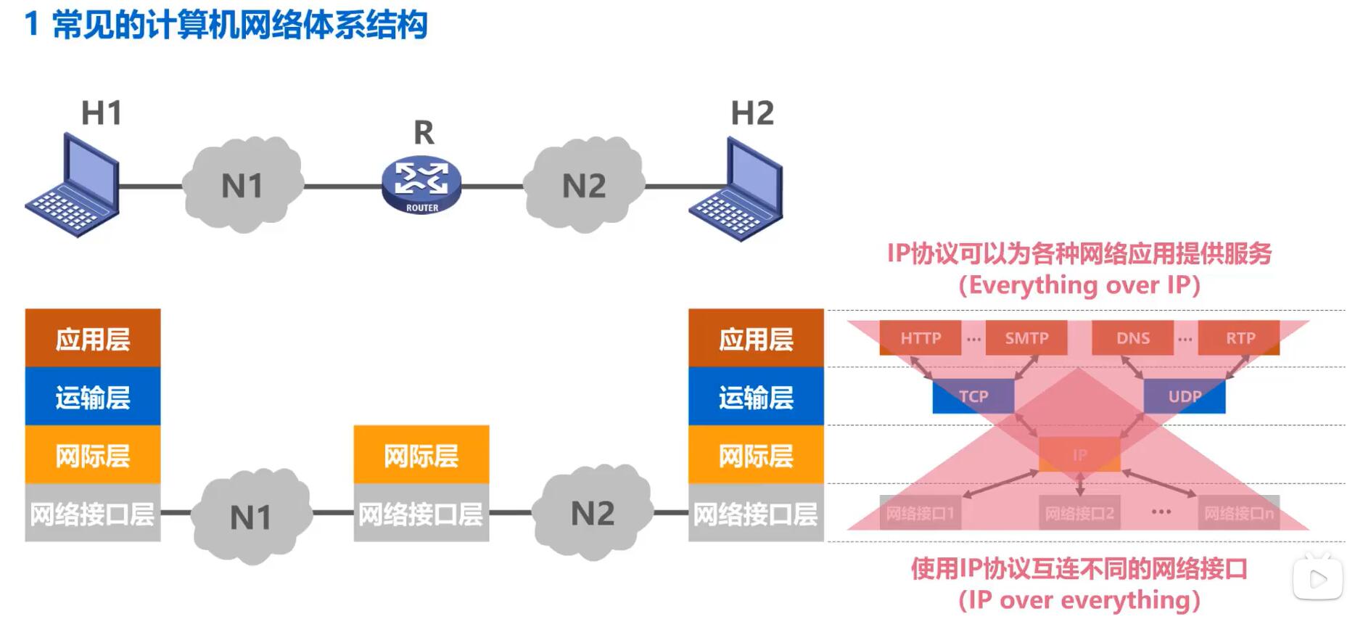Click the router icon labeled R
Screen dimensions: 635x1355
coord(421,185)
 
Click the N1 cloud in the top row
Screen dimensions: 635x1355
coord(242,186)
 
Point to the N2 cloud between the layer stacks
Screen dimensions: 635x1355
coord(592,514)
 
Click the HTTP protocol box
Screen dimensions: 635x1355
coord(920,338)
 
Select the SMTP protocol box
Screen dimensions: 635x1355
coord(1026,338)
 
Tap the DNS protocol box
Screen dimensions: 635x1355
coord(1132,338)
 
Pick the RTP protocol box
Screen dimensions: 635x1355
coord(1239,338)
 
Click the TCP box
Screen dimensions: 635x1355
coord(973,396)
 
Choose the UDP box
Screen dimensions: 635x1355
coord(1184,396)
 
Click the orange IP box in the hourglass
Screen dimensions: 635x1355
coord(1079,455)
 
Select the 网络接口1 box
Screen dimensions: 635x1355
coord(920,514)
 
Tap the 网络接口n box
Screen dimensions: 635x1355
coord(1238,514)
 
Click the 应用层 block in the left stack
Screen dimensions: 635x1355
coord(93,338)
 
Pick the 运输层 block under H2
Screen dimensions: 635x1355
coord(756,397)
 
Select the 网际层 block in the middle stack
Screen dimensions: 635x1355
coord(421,455)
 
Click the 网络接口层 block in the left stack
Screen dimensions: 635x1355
coord(93,514)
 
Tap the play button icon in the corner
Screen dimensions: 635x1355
coord(1317,578)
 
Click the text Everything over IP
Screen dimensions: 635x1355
coord(1079,285)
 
